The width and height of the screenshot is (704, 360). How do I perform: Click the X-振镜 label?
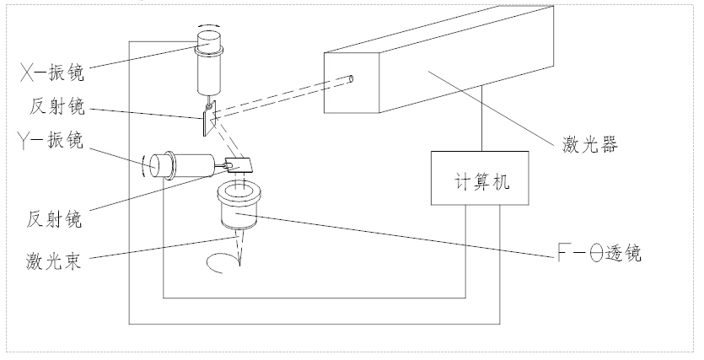click(x=52, y=73)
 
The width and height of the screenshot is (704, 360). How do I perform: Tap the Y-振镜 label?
click(x=51, y=140)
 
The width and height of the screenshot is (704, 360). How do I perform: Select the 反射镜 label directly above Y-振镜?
click(x=57, y=106)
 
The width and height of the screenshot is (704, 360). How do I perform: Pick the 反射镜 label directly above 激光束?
click(x=54, y=218)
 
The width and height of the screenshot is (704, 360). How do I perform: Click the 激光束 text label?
click(x=53, y=261)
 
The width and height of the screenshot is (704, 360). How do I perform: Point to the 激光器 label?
click(x=590, y=144)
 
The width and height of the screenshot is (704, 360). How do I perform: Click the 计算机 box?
click(x=480, y=178)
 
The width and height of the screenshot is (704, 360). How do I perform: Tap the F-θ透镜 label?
click(x=599, y=253)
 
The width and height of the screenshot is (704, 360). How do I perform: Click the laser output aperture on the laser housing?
click(x=351, y=79)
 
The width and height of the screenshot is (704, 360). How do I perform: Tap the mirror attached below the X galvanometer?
click(x=210, y=119)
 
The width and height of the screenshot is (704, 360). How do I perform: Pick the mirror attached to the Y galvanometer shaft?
click(x=238, y=165)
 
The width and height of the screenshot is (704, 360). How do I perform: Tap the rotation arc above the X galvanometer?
click(x=209, y=25)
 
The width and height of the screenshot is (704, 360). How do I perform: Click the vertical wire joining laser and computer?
click(x=482, y=118)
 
